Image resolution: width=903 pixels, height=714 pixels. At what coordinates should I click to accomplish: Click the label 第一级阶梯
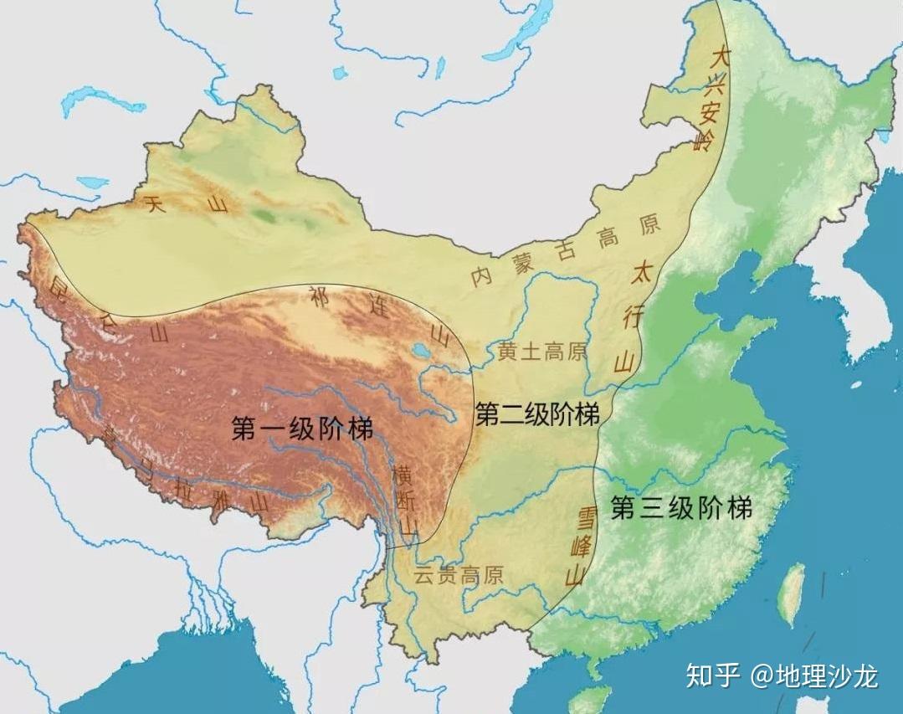coord(302,429)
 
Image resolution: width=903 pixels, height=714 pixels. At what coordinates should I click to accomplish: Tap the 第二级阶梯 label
coord(537,414)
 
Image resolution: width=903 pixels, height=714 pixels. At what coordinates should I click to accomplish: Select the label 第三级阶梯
coord(681,507)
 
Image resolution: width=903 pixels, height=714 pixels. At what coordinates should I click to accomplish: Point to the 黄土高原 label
coord(542,352)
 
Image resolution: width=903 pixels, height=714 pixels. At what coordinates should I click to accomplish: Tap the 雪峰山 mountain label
coord(580,544)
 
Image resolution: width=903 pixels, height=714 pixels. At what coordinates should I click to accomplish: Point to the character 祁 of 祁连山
coord(319,295)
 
